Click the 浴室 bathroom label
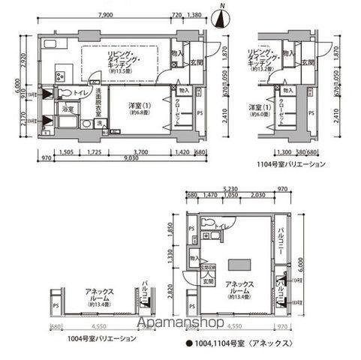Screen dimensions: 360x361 click(x=68, y=109)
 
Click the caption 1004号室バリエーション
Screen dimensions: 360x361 click(x=92, y=338)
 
